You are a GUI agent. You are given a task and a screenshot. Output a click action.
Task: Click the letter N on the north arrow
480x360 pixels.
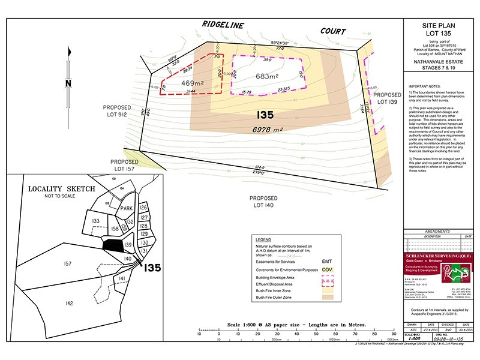pyautogui.click(x=68, y=83)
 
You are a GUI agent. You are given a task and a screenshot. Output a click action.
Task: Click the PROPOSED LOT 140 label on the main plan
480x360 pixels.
pyautogui.click(x=265, y=202)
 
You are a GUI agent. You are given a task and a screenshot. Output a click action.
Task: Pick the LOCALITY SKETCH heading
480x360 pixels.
pyautogui.click(x=62, y=188)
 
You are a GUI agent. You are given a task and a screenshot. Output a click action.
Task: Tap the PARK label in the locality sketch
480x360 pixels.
pyautogui.click(x=127, y=208)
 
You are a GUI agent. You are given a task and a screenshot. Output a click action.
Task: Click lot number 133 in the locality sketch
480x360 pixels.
pyautogui.click(x=95, y=221)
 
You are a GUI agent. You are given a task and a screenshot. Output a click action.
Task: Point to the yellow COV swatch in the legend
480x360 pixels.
pyautogui.click(x=328, y=270)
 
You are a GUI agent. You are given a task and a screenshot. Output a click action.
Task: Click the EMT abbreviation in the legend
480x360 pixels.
pyautogui.click(x=327, y=262)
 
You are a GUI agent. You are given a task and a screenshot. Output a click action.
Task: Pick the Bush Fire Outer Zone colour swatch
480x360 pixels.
pyautogui.click(x=328, y=296)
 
